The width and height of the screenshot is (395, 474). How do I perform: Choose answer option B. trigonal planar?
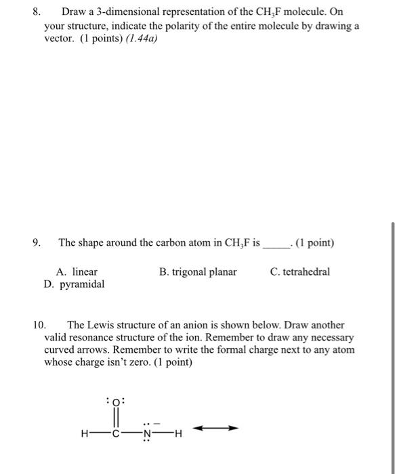point(198,272)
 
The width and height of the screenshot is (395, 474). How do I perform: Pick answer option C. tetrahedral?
point(299,272)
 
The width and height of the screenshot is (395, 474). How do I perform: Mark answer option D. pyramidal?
point(74,284)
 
